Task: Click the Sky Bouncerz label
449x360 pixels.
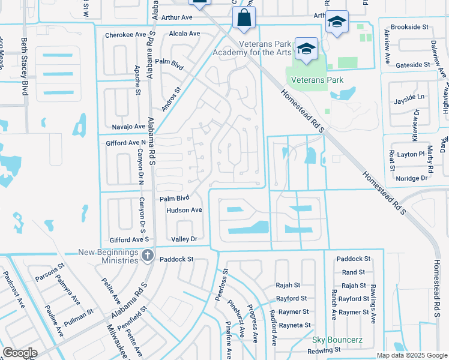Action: coord(337,340)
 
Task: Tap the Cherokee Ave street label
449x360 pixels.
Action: coord(125,35)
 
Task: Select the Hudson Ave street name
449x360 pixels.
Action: coord(184,210)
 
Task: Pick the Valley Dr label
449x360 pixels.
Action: coord(184,239)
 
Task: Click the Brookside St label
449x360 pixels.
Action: coord(409,27)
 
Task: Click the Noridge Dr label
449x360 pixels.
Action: coord(412,178)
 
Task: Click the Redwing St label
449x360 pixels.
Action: coord(324,350)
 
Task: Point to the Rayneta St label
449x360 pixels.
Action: coord(292,325)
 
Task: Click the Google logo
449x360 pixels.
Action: coord(20,352)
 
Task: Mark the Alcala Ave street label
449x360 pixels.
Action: coord(184,34)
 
